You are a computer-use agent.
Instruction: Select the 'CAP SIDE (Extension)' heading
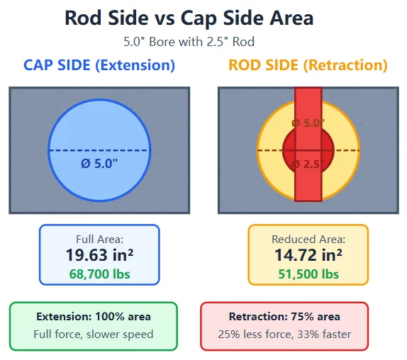(x=99, y=65)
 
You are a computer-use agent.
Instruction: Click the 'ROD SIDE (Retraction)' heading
(x=308, y=65)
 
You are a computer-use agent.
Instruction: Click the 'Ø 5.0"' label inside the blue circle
(x=99, y=164)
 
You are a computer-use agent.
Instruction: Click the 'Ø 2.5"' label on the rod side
(x=308, y=164)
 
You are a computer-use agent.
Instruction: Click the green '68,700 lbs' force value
(x=99, y=274)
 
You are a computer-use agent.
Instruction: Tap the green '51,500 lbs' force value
(x=308, y=274)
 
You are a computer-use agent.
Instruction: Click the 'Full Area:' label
(x=99, y=240)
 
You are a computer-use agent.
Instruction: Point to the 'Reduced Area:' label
(x=308, y=240)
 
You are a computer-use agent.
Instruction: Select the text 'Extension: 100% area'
(x=94, y=316)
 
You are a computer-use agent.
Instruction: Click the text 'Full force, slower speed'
(x=94, y=333)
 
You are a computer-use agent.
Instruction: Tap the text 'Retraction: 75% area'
(x=284, y=316)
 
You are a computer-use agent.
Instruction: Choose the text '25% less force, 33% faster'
(x=284, y=333)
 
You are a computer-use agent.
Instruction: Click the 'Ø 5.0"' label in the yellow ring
(x=308, y=123)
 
